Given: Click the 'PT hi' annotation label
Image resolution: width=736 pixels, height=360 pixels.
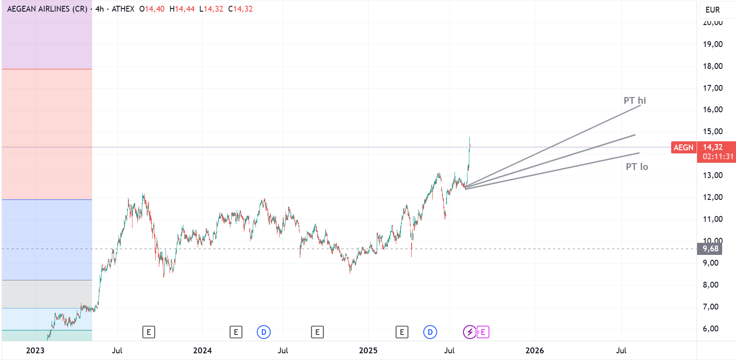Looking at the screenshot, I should (x=634, y=101).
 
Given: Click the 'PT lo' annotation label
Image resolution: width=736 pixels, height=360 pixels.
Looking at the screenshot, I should (x=637, y=167).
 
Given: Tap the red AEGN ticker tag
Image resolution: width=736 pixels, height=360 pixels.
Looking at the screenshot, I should (x=683, y=148).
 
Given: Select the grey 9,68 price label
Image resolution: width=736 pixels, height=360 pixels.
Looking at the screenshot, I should (x=710, y=249).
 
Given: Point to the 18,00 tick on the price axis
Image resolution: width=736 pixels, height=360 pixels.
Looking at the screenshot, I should (x=712, y=66).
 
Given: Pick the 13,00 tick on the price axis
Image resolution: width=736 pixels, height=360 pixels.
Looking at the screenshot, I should (x=712, y=175).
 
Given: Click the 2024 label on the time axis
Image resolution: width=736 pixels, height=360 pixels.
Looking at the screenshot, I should (x=202, y=351).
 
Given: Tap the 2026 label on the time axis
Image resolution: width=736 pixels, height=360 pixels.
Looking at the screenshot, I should (x=535, y=351).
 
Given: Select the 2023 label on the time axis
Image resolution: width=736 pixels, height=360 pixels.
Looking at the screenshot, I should (x=35, y=351).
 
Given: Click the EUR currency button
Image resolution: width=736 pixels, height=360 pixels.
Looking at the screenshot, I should (x=712, y=10).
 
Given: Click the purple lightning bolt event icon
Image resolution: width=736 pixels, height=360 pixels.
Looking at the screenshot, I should (x=469, y=332).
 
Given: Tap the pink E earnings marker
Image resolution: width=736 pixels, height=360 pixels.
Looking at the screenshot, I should (x=483, y=332).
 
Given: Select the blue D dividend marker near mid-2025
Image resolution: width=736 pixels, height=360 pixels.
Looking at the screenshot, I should (x=430, y=332).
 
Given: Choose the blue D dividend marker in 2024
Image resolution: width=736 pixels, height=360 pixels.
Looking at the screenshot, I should (x=264, y=332).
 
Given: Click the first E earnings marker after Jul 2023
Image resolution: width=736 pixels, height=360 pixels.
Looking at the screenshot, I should (x=149, y=332).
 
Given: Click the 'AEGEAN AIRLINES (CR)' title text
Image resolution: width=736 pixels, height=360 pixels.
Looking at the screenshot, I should (x=47, y=9).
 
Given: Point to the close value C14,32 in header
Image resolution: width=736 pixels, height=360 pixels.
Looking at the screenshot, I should (x=240, y=9).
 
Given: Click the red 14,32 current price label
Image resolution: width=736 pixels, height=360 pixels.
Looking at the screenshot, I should (x=713, y=147).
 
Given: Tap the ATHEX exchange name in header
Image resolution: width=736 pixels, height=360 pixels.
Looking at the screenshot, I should (x=123, y=9).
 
